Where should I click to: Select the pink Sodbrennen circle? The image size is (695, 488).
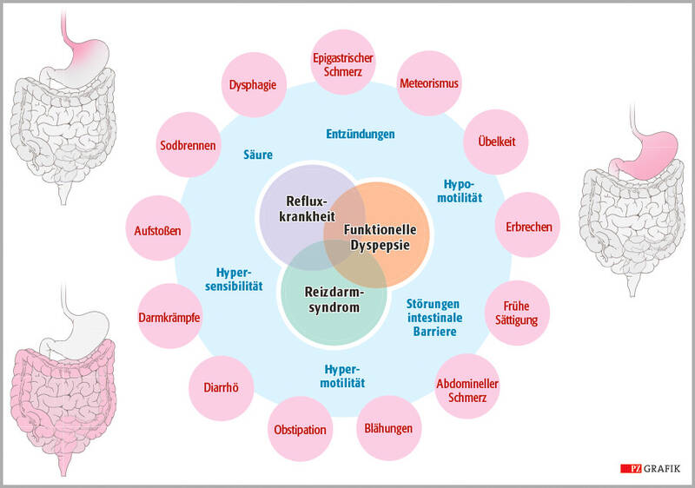[188, 144]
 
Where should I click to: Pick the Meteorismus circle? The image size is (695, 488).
[429, 85]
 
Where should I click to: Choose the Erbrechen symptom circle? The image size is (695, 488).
[527, 228]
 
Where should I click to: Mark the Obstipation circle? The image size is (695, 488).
[300, 429]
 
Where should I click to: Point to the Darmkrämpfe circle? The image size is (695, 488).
[169, 317]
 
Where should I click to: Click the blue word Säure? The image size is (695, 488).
[258, 155]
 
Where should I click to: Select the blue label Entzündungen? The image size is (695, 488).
[361, 135]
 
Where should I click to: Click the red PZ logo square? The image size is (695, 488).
[630, 469]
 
